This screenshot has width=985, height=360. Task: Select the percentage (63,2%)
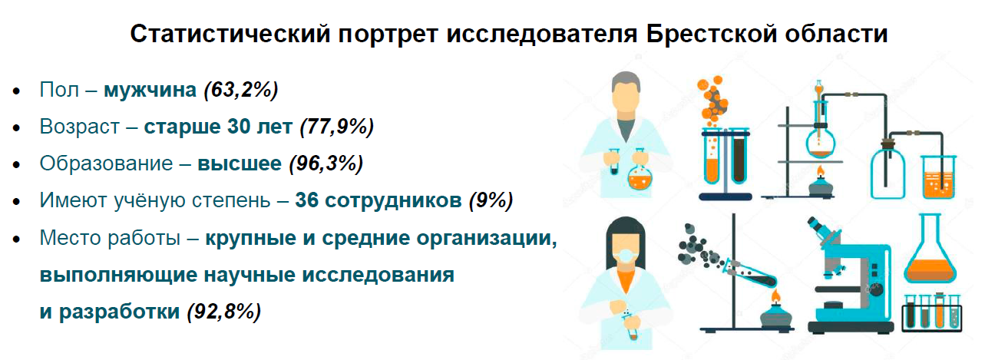[241, 90]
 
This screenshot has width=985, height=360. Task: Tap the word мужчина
[150, 90]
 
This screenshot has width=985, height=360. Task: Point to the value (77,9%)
[337, 127]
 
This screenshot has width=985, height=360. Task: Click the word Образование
[106, 163]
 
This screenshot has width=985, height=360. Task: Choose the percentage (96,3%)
[326, 163]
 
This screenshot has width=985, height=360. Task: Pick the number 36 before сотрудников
[306, 200]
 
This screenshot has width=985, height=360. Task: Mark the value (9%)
[491, 200]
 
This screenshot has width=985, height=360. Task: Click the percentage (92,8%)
[224, 312]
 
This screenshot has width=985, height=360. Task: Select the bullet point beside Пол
[17, 92]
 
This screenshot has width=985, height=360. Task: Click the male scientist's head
[626, 96]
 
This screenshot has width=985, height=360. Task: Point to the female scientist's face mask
[625, 258]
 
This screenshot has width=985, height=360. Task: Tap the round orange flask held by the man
[640, 173]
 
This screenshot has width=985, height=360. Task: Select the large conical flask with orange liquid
[930, 249]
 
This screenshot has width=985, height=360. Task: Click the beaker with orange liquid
[939, 177]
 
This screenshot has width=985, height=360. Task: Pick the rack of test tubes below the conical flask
[932, 312]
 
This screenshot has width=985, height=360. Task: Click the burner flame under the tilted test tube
[775, 297]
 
